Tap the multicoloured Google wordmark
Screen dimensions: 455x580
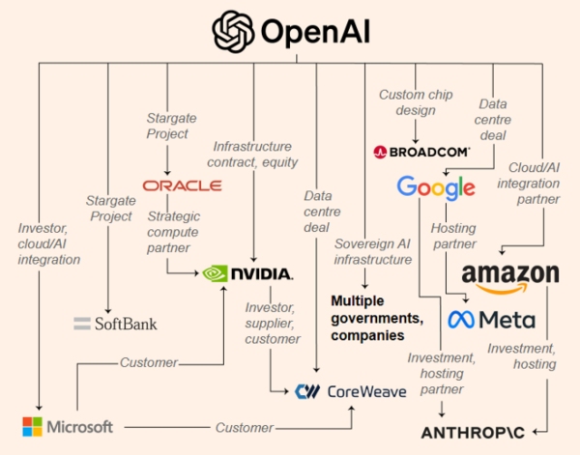[436, 187]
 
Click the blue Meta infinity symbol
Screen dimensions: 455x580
[462, 319]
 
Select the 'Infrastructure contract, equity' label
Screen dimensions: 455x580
[253, 155]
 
